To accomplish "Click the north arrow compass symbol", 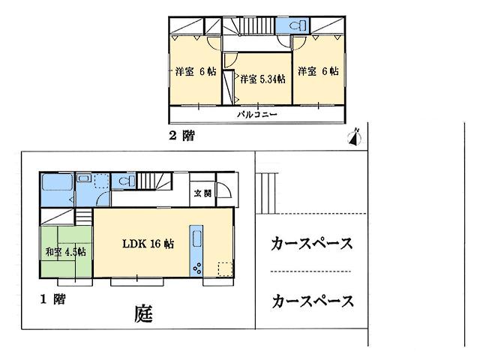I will [356, 136].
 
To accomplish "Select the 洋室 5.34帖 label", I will [262, 79].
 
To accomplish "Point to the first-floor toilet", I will [124, 181].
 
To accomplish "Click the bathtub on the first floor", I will [55, 184].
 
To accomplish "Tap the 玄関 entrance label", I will [202, 193].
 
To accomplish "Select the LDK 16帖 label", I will [148, 244].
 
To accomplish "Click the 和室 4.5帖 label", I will [66, 251].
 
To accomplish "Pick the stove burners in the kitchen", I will [197, 267].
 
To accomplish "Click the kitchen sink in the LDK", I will [197, 238].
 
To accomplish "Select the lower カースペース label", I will [312, 301].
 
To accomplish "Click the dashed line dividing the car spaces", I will [310, 271].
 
